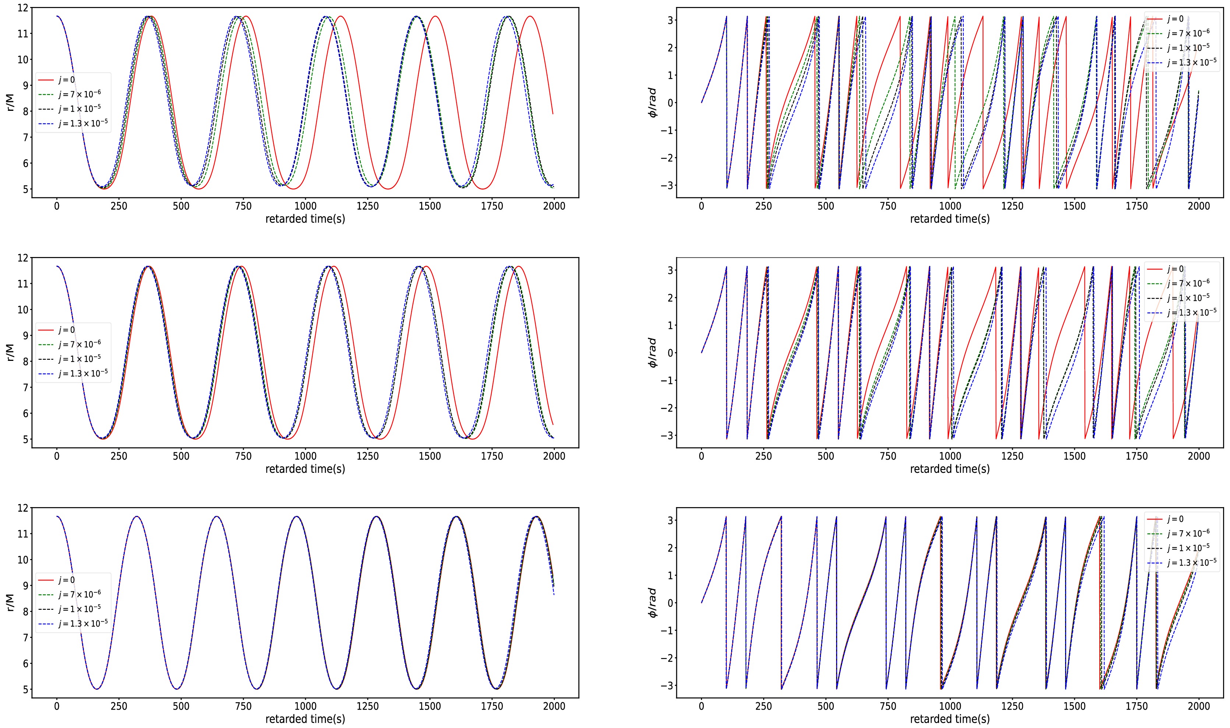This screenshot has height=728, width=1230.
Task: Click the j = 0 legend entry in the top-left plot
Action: [66, 80]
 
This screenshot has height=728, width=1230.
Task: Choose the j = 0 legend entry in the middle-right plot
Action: [1175, 269]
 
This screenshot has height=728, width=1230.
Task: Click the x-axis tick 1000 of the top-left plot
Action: [305, 206]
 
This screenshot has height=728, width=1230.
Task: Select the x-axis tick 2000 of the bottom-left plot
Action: [554, 706]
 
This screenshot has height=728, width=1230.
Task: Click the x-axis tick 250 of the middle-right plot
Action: [764, 456]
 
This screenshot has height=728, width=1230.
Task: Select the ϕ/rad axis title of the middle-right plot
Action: [653, 353]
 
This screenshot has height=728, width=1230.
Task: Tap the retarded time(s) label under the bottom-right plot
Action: [949, 719]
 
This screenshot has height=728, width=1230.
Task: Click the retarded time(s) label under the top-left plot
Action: [305, 219]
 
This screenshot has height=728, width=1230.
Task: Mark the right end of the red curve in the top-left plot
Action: [553, 114]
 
